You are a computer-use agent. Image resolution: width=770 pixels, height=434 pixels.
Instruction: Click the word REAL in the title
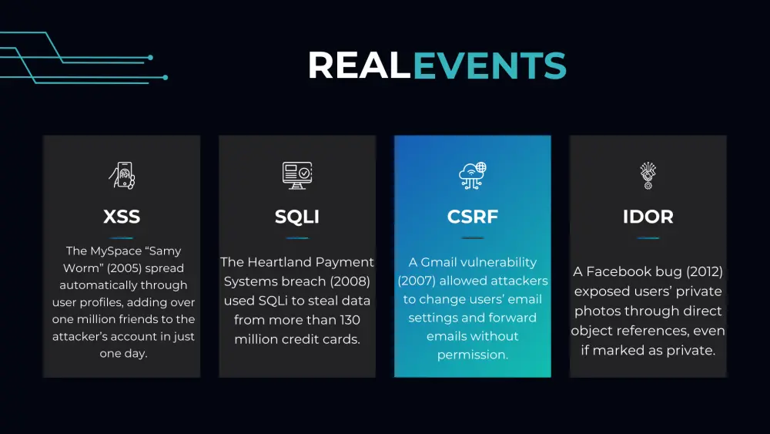pyautogui.click(x=359, y=66)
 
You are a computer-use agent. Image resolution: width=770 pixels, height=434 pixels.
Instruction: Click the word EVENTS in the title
pyautogui.click(x=490, y=66)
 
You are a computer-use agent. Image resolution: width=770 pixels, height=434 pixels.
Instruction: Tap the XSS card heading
pyautogui.click(x=122, y=217)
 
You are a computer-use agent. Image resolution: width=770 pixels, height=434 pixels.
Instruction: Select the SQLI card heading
pyautogui.click(x=297, y=217)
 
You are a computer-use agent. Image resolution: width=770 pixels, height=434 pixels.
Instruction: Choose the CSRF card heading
pyautogui.click(x=473, y=217)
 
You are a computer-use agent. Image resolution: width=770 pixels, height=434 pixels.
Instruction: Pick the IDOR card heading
pyautogui.click(x=648, y=217)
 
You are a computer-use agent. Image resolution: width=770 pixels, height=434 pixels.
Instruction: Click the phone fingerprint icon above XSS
pyautogui.click(x=122, y=176)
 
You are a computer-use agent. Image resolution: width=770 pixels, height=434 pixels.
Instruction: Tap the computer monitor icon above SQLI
pyautogui.click(x=297, y=176)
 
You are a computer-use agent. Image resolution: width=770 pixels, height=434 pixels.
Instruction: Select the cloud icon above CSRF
pyautogui.click(x=473, y=176)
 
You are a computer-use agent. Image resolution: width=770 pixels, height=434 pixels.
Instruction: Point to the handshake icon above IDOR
pyautogui.click(x=648, y=176)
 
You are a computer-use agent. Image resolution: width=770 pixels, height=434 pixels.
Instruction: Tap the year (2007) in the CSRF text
pyautogui.click(x=417, y=281)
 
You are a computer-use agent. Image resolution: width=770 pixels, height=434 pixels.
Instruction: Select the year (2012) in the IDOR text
pyautogui.click(x=705, y=271)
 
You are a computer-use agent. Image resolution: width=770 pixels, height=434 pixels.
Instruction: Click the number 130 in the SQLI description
pyautogui.click(x=350, y=320)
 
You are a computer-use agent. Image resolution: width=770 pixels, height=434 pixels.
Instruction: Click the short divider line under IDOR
pyautogui.click(x=648, y=238)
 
